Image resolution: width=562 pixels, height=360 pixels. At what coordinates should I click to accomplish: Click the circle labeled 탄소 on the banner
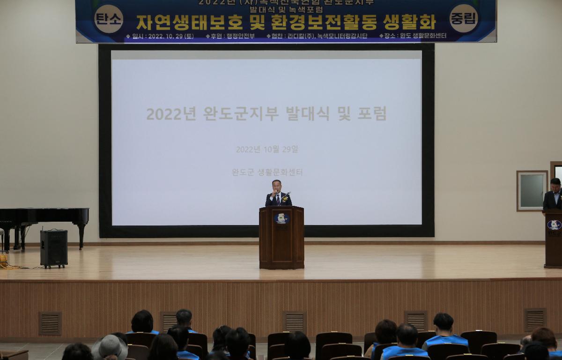click(x=109, y=19)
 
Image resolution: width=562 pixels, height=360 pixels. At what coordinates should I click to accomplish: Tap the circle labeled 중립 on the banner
click(x=463, y=18)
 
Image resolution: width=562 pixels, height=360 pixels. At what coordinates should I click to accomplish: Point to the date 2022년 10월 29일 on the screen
click(x=267, y=150)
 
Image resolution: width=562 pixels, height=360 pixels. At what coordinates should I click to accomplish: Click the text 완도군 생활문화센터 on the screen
click(x=267, y=172)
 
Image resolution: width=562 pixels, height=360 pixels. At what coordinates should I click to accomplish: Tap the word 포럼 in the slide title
click(x=372, y=113)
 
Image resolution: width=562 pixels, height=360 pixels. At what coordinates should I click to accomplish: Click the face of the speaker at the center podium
click(x=277, y=187)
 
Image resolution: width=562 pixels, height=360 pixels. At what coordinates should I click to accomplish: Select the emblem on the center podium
click(x=281, y=218)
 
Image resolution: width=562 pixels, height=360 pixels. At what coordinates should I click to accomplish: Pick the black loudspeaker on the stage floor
click(x=53, y=248)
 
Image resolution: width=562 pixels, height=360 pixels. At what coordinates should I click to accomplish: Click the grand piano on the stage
click(x=42, y=220)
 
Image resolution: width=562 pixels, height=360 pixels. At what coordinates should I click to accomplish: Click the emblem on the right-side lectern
click(x=554, y=225)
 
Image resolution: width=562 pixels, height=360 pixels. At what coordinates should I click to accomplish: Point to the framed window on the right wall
click(x=532, y=191)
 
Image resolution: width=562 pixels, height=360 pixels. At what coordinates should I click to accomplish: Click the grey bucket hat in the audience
click(x=110, y=347)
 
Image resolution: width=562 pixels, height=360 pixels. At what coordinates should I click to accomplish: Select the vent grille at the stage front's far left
click(x=50, y=323)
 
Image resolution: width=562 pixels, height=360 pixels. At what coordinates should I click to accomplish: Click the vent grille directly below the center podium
click(x=294, y=322)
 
